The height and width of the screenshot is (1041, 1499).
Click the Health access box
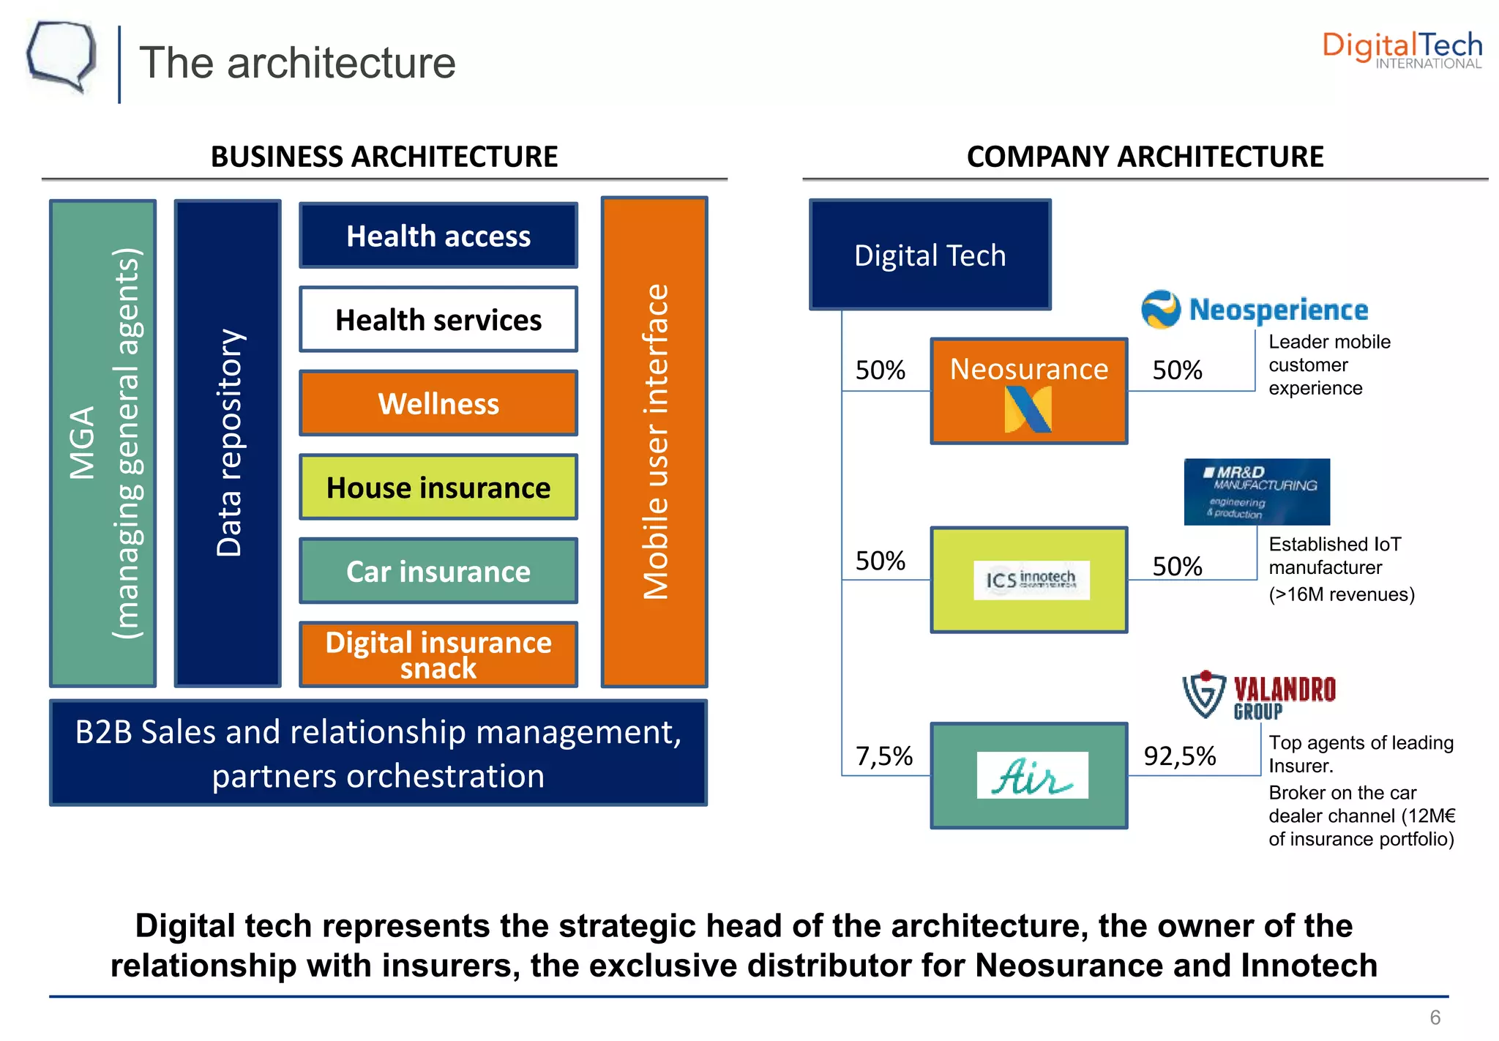(x=438, y=236)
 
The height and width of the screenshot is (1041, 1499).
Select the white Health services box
(x=438, y=320)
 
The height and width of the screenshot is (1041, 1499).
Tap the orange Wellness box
(x=438, y=403)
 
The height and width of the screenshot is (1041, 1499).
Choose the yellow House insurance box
(x=438, y=488)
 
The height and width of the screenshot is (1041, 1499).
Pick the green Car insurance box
(x=438, y=571)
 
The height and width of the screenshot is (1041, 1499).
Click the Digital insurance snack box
(x=438, y=654)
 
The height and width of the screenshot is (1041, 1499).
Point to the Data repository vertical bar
(x=228, y=443)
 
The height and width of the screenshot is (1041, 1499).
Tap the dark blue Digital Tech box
(x=930, y=255)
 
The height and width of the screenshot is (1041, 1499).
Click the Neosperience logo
(x=1255, y=310)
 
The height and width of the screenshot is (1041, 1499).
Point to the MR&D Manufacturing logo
(x=1257, y=492)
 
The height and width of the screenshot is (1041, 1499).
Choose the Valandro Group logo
(x=1259, y=695)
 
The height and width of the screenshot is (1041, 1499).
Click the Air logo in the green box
(x=1032, y=775)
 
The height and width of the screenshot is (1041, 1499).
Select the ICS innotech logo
(x=1031, y=580)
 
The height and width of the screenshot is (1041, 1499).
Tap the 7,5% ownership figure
(x=884, y=756)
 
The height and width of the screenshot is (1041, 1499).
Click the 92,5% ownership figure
(x=1179, y=756)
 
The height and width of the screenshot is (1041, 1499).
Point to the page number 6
(x=1435, y=1018)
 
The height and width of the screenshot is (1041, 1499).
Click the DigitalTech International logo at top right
(x=1402, y=50)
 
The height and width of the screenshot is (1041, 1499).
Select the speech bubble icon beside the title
(x=61, y=57)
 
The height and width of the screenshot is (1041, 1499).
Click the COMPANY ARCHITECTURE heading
(x=1145, y=157)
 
